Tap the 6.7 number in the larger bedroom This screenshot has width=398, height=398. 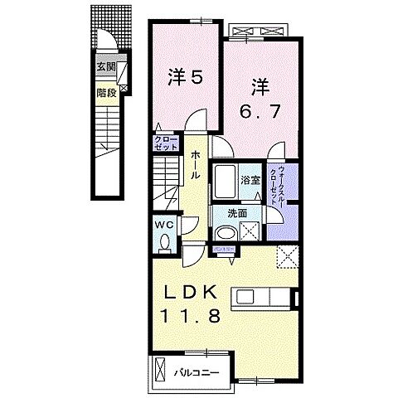tap(261, 109)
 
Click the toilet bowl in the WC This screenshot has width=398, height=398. tap(163, 243)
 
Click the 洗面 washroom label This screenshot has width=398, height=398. tap(237, 213)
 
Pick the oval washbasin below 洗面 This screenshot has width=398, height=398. tap(227, 233)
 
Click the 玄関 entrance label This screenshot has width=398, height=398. tap(104, 68)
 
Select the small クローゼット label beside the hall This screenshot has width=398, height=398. tap(160, 142)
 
